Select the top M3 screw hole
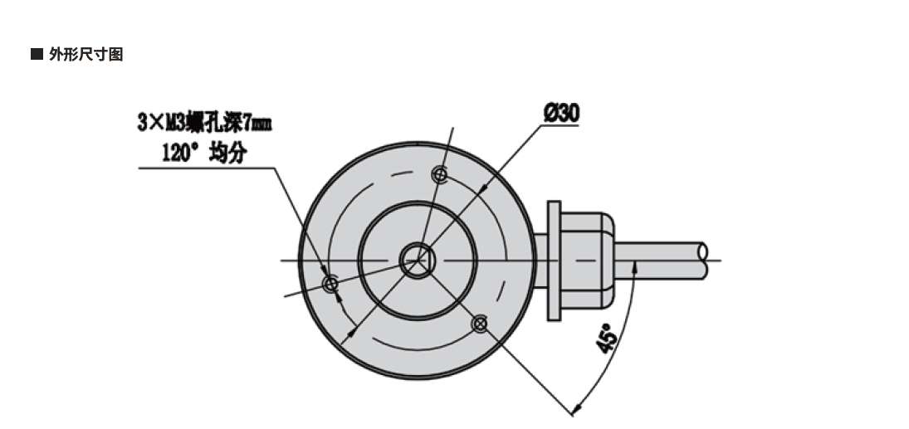coord(440,174)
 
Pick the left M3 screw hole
coord(330,285)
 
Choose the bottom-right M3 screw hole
coord(479,323)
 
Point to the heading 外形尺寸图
coord(86,55)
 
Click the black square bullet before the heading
coord(36,55)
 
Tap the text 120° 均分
coord(204,152)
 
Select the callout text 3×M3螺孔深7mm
coord(204,124)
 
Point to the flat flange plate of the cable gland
coord(554,261)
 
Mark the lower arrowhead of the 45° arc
coord(575,407)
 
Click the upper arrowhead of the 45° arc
coord(635,266)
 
